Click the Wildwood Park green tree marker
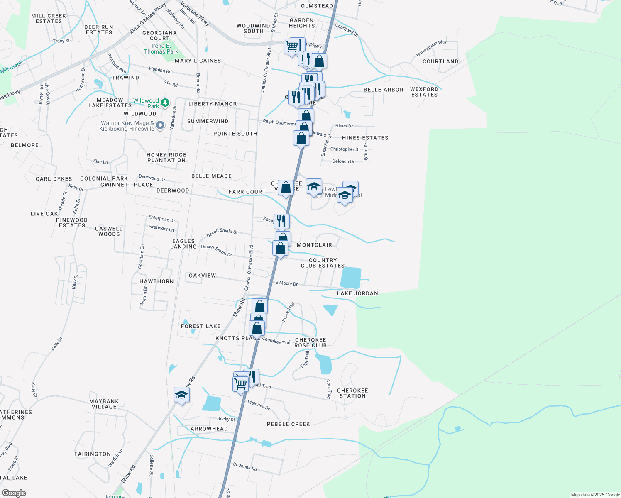165,103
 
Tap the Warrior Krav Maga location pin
161,125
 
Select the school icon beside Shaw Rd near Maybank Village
181,395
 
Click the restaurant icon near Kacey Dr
281,222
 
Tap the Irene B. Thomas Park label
161,49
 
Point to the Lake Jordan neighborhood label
357,293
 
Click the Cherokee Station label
352,393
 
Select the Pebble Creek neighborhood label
288,424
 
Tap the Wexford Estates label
424,92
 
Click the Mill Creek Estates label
49,19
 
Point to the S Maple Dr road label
286,283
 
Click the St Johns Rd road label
245,467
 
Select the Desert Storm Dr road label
216,250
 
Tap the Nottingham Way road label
431,48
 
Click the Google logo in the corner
14,493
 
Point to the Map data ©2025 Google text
595,495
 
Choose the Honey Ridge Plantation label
166,158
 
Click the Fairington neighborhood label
93,454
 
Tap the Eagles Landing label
183,244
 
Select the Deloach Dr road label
343,161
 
